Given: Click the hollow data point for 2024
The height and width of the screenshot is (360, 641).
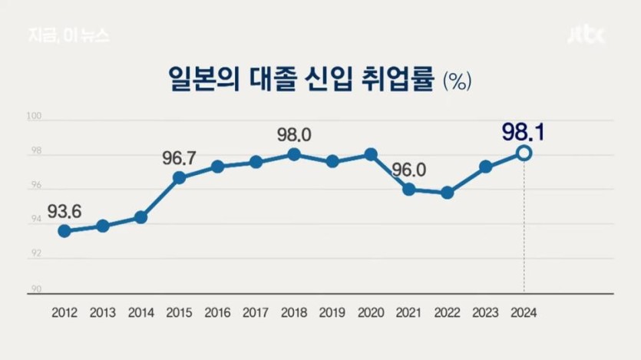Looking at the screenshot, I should click(524, 154).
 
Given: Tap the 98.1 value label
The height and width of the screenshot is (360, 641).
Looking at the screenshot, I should click(523, 132).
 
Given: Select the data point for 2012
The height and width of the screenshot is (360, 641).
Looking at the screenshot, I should click(64, 231).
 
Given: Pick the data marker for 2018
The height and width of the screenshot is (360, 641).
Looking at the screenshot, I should click(294, 154).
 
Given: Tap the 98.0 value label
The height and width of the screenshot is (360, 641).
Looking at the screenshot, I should click(294, 135).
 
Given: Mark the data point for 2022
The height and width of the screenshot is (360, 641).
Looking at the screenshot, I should click(448, 193).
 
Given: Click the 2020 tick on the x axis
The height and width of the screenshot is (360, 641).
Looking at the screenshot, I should click(371, 312).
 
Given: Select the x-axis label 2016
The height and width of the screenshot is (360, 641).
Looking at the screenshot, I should click(217, 312).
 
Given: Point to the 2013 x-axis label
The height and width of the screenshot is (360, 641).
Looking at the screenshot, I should click(103, 312).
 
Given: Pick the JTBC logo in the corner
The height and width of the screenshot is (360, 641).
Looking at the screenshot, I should click(586, 36).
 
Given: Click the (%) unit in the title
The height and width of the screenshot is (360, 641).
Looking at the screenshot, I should click(457, 82).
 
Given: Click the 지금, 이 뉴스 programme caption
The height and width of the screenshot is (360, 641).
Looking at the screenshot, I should click(68, 36).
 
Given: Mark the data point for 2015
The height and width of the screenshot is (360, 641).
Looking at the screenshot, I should click(179, 178).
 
